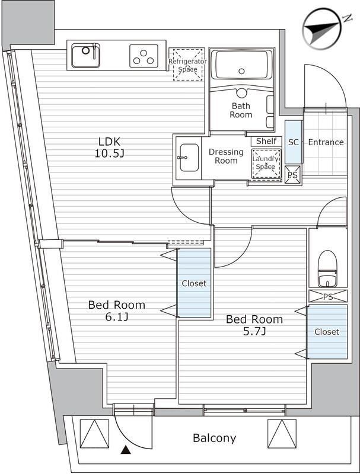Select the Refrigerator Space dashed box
tap(187, 65)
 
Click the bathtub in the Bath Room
tap(241, 66)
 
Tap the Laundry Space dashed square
tap(265, 162)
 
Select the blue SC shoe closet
tap(293, 142)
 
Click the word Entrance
tap(326, 142)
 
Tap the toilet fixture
tap(327, 269)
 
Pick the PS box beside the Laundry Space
tap(292, 175)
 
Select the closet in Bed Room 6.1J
tap(194, 283)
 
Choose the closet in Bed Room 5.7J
tap(327, 331)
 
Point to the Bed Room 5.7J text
tap(254, 325)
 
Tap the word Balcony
tap(214, 438)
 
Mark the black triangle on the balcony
tap(125, 451)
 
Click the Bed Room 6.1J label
tap(116, 311)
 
